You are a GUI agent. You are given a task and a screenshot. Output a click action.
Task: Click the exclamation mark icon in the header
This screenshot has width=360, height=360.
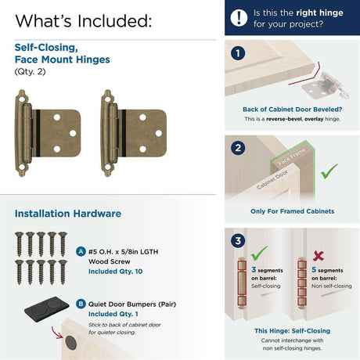point(239,18)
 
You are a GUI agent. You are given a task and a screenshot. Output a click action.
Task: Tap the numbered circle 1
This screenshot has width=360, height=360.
point(238,53)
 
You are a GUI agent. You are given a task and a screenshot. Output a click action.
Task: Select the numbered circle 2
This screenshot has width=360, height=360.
point(238,148)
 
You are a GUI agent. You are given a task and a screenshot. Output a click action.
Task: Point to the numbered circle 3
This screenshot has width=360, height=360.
point(238,240)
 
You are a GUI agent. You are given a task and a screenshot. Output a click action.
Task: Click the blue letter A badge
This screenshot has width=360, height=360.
point(81,252)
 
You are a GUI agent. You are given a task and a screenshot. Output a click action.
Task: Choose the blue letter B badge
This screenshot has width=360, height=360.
point(81,304)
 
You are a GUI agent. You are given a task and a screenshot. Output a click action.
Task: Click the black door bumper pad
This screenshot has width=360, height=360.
point(47,308)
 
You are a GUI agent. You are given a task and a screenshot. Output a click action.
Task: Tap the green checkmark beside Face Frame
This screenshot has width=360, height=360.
point(329,171)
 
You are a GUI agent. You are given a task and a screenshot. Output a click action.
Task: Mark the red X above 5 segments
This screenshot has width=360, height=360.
point(319,256)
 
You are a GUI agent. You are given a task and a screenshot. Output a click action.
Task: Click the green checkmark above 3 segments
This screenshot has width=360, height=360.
point(259,253)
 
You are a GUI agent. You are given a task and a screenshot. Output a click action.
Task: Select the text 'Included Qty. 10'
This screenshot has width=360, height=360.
point(115,272)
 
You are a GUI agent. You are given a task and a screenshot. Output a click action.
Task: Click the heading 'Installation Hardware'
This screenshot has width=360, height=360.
point(68,214)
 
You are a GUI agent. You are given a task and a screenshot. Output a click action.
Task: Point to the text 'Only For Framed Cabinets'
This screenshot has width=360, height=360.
point(292,211)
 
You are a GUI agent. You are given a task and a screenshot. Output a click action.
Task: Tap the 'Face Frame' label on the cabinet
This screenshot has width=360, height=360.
point(291,157)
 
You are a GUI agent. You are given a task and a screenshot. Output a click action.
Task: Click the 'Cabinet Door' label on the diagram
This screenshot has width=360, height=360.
point(272,179)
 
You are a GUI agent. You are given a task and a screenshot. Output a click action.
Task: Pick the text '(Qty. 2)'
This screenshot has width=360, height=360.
point(30,71)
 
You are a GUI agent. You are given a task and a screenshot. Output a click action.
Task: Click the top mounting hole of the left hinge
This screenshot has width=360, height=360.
point(21,99)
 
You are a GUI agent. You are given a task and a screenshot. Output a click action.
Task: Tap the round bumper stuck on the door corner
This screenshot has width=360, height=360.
point(70,343)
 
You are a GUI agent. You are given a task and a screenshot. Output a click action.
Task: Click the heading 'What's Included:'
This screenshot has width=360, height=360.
point(84,21)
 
